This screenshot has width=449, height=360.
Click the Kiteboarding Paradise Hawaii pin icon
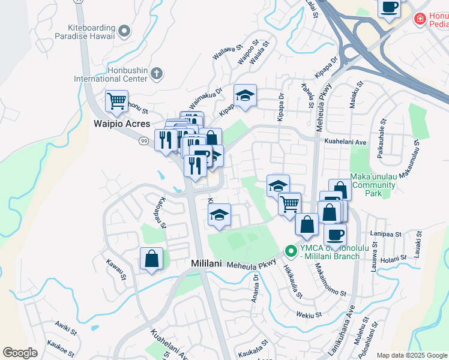pyautogui.click(x=124, y=31)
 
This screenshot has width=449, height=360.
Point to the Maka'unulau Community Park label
pyautogui.click(x=373, y=185)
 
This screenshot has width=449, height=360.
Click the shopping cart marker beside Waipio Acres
pyautogui.click(x=116, y=101)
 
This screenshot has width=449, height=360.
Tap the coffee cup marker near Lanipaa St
pyautogui.click(x=335, y=234)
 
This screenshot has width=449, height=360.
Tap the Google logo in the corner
pyautogui.click(x=20, y=353)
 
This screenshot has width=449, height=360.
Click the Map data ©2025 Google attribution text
pyautogui.click(x=412, y=355)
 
